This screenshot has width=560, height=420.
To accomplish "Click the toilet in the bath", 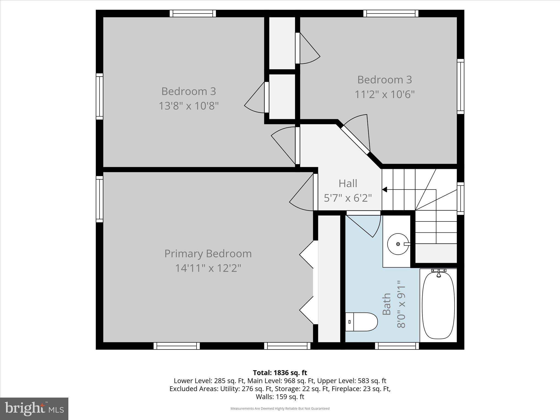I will tap(361, 322).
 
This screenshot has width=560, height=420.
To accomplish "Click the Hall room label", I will tap(348, 183).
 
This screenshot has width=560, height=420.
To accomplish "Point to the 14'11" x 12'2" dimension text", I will tap(208, 268).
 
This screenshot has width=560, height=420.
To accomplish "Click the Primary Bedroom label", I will tap(208, 254).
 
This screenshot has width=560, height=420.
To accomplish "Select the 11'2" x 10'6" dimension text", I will tap(384, 95).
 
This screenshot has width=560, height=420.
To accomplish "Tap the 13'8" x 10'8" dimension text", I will tap(189, 106).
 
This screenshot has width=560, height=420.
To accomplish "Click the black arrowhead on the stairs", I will tap(384, 189).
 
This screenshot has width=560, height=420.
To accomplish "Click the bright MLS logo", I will tap(34, 409).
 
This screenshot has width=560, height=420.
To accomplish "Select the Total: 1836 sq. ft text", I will tap(280, 373).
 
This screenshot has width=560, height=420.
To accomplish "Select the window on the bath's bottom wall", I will tap(397, 346).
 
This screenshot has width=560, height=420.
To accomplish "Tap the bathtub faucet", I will tap(439, 273).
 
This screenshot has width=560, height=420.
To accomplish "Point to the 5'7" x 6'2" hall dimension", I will tap(348, 198).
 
